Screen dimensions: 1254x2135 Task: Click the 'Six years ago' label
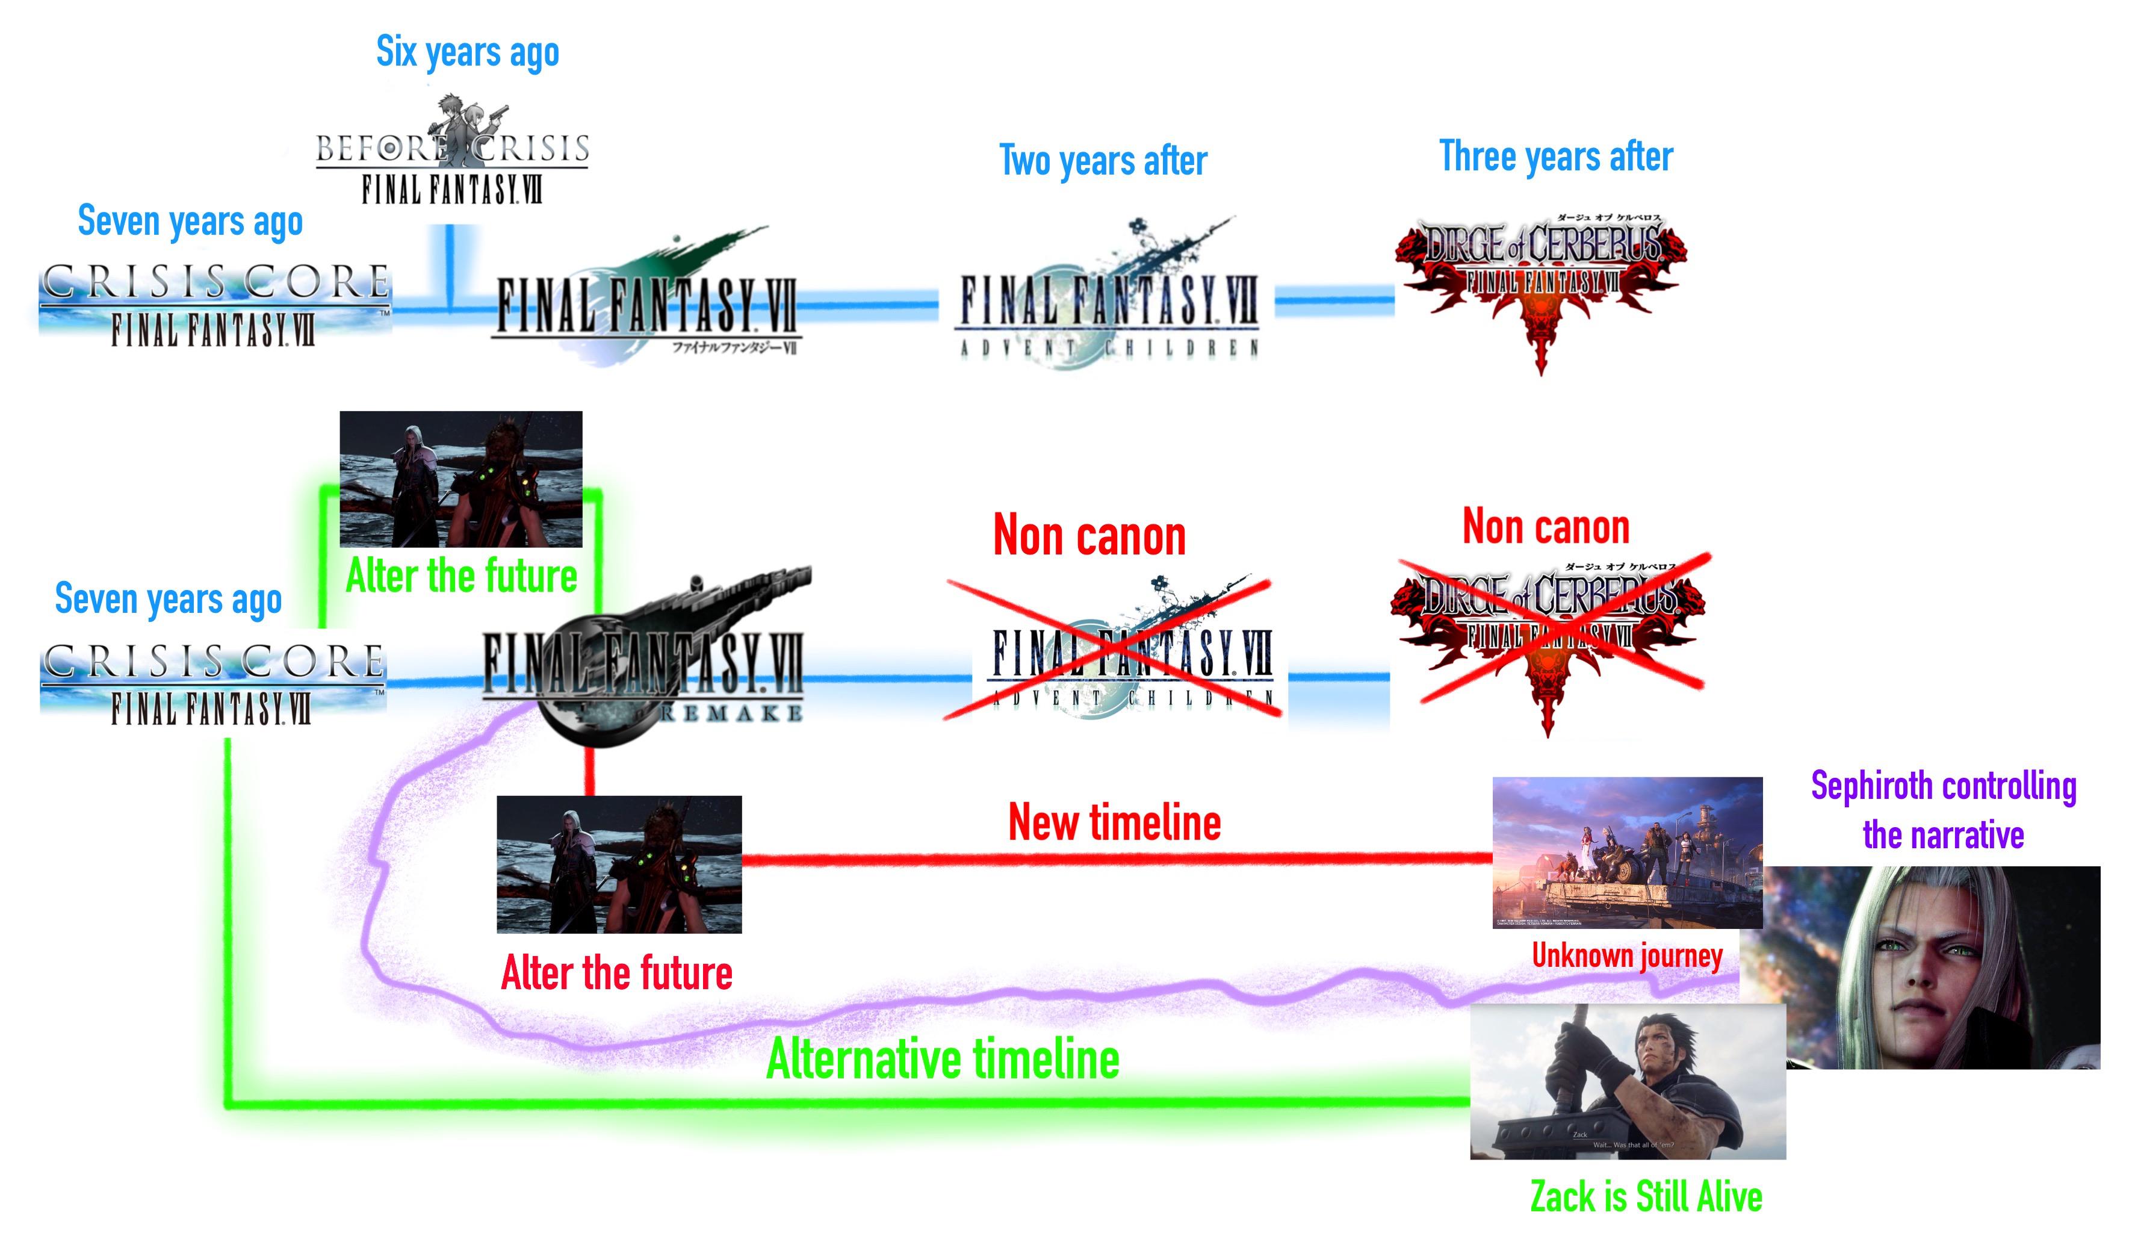(468, 52)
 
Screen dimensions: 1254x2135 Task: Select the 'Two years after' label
(1103, 161)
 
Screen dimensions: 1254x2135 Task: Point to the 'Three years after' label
(1555, 157)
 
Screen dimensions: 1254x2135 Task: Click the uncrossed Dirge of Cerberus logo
(1540, 279)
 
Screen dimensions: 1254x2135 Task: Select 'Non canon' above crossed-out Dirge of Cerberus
(1545, 527)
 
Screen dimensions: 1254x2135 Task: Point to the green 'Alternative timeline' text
(942, 1059)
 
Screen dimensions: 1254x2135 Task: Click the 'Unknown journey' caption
(1626, 956)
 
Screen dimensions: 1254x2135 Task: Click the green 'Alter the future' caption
(462, 577)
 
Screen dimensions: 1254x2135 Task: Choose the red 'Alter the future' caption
(617, 973)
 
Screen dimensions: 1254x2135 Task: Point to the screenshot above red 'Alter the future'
(619, 864)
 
